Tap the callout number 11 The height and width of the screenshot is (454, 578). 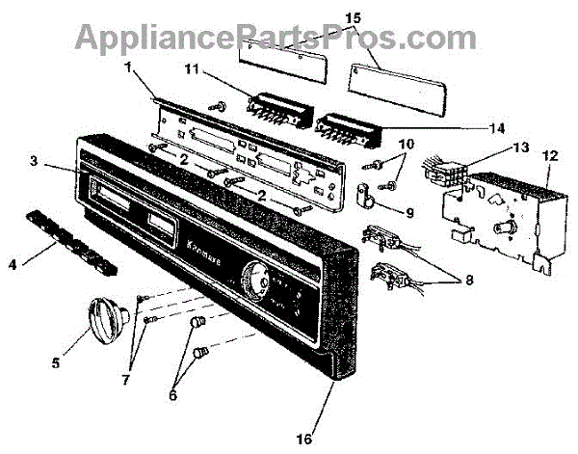(192, 69)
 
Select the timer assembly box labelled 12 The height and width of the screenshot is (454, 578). (490, 217)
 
